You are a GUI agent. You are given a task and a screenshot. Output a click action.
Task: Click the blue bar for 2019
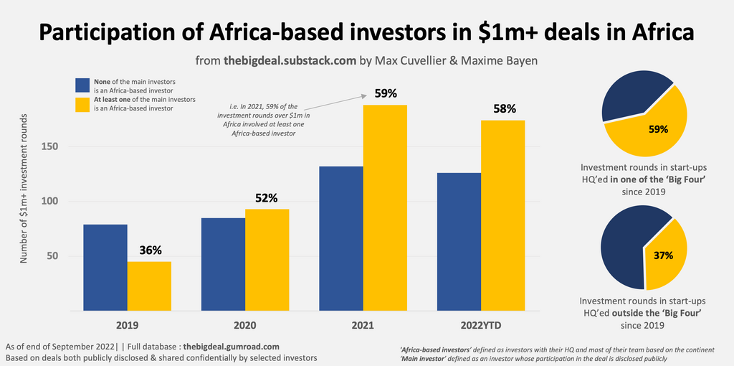105,267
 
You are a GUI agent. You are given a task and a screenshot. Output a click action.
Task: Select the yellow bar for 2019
149,286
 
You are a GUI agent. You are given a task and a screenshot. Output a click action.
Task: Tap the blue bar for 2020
223,264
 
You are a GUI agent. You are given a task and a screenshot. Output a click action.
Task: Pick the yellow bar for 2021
385,208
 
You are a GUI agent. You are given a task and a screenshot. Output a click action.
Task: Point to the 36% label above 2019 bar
150,250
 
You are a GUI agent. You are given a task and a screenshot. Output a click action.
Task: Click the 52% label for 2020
266,198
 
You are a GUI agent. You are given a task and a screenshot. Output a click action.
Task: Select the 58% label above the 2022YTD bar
502,109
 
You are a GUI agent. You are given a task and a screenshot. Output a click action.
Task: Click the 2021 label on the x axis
363,325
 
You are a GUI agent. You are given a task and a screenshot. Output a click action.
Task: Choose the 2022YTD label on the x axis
480,325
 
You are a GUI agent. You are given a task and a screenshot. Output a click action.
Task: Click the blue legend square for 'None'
82,86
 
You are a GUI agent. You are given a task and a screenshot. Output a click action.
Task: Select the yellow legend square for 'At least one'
82,105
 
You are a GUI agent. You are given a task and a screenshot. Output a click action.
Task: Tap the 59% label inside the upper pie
658,129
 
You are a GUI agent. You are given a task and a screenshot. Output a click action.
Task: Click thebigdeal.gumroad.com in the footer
231,346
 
